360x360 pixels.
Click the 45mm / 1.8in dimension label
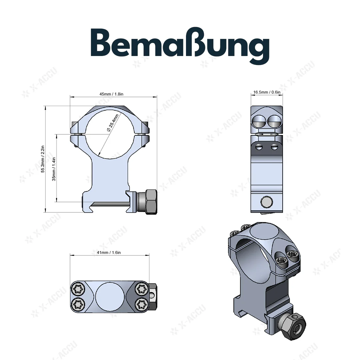(111, 94)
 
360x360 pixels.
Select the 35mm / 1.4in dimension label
(54, 168)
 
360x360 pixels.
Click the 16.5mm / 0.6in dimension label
(267, 92)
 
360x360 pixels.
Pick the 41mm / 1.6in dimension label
(109, 253)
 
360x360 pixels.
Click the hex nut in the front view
(150, 202)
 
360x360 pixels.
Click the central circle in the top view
(109, 296)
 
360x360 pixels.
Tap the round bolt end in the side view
(267, 202)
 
